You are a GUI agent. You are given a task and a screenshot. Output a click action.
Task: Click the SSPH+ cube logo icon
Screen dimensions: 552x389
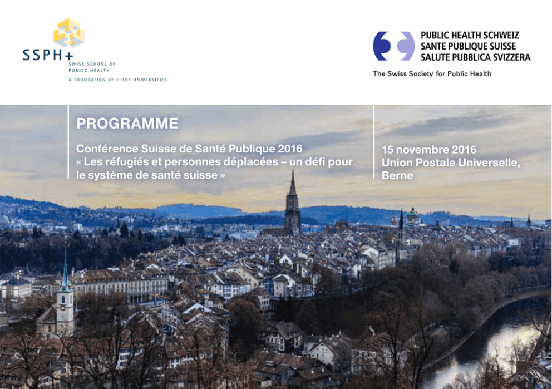point(69,33)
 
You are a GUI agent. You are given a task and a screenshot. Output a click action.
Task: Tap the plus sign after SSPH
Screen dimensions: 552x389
point(69,56)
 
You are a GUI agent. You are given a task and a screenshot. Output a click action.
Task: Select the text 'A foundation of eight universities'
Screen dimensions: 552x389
point(118,80)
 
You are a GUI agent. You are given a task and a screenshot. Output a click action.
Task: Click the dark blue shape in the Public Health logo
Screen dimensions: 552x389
point(382,46)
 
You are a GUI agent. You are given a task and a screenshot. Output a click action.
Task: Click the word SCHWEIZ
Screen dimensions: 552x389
point(501,36)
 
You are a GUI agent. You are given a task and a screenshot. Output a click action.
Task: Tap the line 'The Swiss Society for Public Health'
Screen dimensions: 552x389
point(432,74)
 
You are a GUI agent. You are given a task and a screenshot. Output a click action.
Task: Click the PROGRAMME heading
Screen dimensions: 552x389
point(127,123)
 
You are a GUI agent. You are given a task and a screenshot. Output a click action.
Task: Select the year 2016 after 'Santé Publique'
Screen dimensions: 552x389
point(290,149)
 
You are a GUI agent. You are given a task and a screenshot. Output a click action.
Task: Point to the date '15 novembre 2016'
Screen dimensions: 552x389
point(429,150)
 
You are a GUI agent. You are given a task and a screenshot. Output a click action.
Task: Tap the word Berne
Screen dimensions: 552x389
point(397,175)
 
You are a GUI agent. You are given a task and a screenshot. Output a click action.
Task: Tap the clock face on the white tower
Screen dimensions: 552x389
point(63,307)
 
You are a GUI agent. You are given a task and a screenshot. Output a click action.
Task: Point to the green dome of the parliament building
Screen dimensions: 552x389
point(412,213)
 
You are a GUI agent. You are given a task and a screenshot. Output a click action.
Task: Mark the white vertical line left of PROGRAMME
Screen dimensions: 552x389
point(68,142)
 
